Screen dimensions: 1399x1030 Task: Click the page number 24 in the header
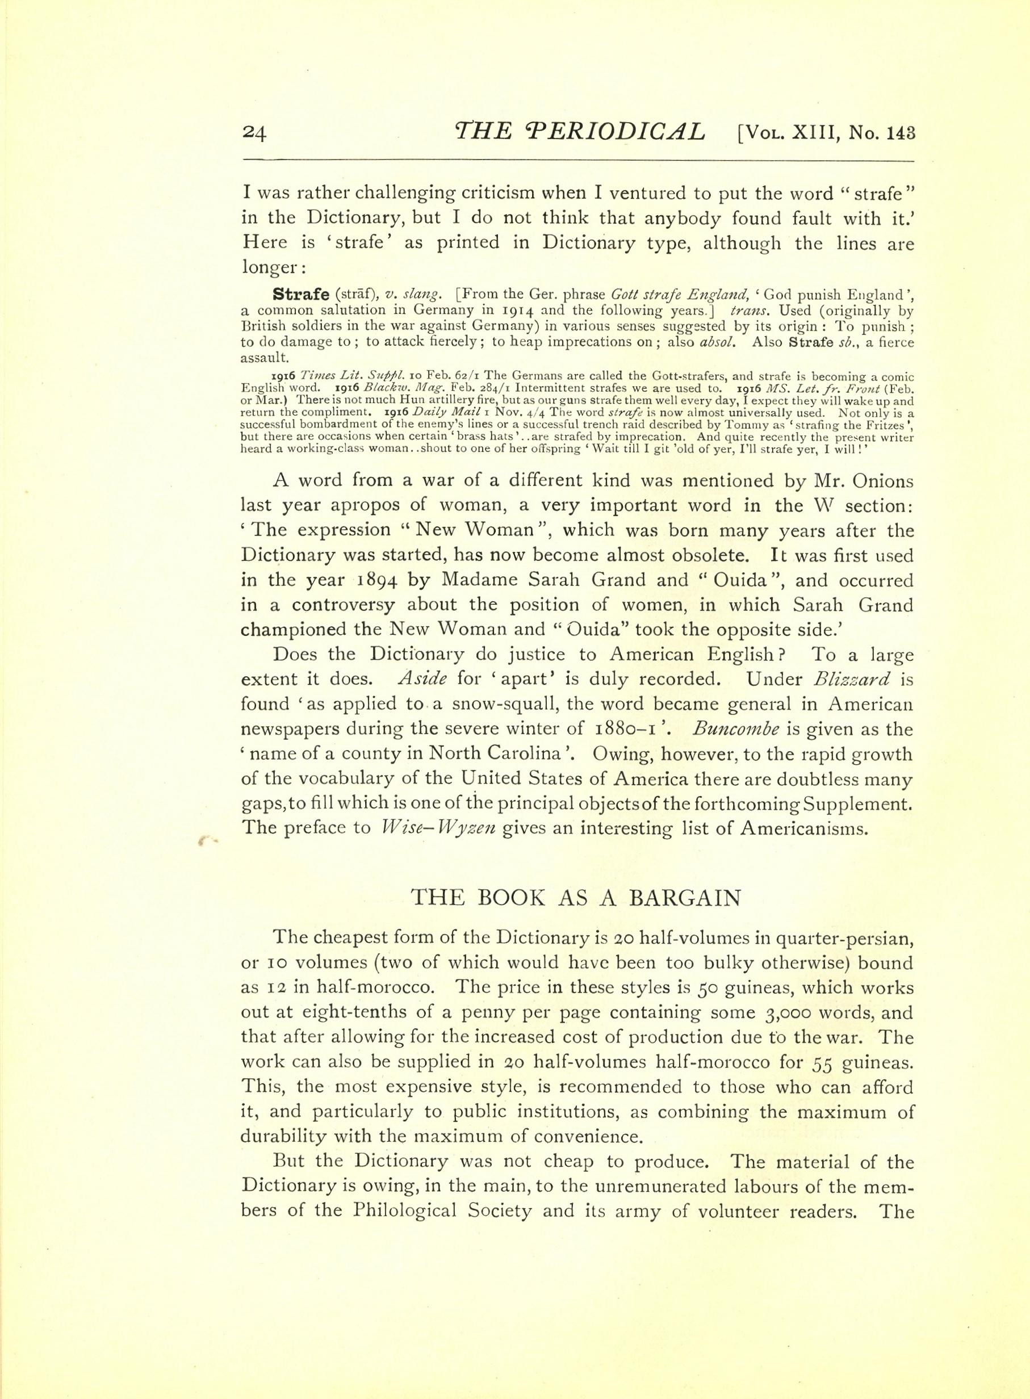[254, 133]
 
